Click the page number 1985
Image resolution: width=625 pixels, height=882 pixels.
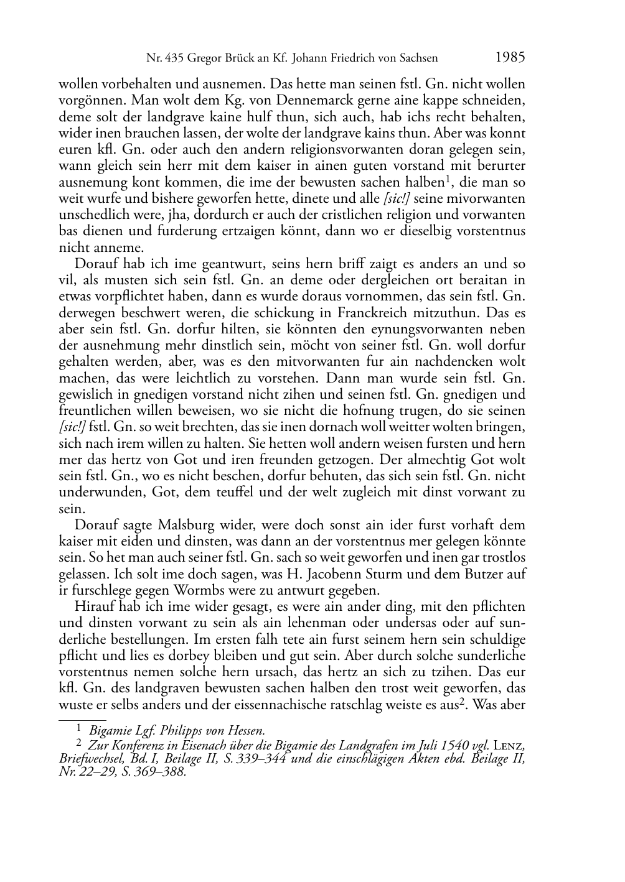coord(510,57)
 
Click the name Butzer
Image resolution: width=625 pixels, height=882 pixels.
coord(469,574)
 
